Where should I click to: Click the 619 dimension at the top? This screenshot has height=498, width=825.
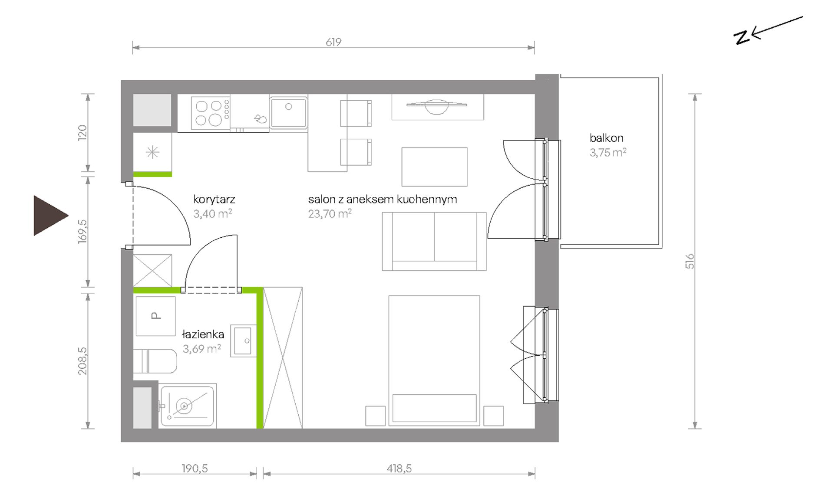tap(333, 42)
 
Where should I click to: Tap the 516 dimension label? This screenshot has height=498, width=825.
tap(690, 261)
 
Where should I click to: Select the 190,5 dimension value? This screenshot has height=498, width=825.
tap(195, 469)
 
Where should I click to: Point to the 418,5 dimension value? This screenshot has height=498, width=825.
tap(399, 469)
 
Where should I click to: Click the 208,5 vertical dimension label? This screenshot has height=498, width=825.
tap(82, 361)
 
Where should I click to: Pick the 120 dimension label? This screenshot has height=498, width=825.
tap(82, 131)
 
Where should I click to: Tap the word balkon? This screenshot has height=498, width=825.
tap(606, 138)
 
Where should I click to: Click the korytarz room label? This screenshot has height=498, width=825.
tap(214, 200)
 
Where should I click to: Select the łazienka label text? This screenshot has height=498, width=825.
tap(203, 334)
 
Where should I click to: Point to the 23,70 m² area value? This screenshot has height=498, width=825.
tap(330, 213)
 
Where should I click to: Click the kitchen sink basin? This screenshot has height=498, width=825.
tap(288, 112)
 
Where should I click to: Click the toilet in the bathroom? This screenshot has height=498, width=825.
tap(155, 361)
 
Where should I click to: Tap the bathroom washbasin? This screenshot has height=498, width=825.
tap(243, 341)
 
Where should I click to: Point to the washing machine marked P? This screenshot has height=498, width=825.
tap(155, 316)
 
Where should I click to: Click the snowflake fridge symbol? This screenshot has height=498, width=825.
tap(152, 152)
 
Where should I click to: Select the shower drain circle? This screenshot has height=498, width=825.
tap(184, 406)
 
